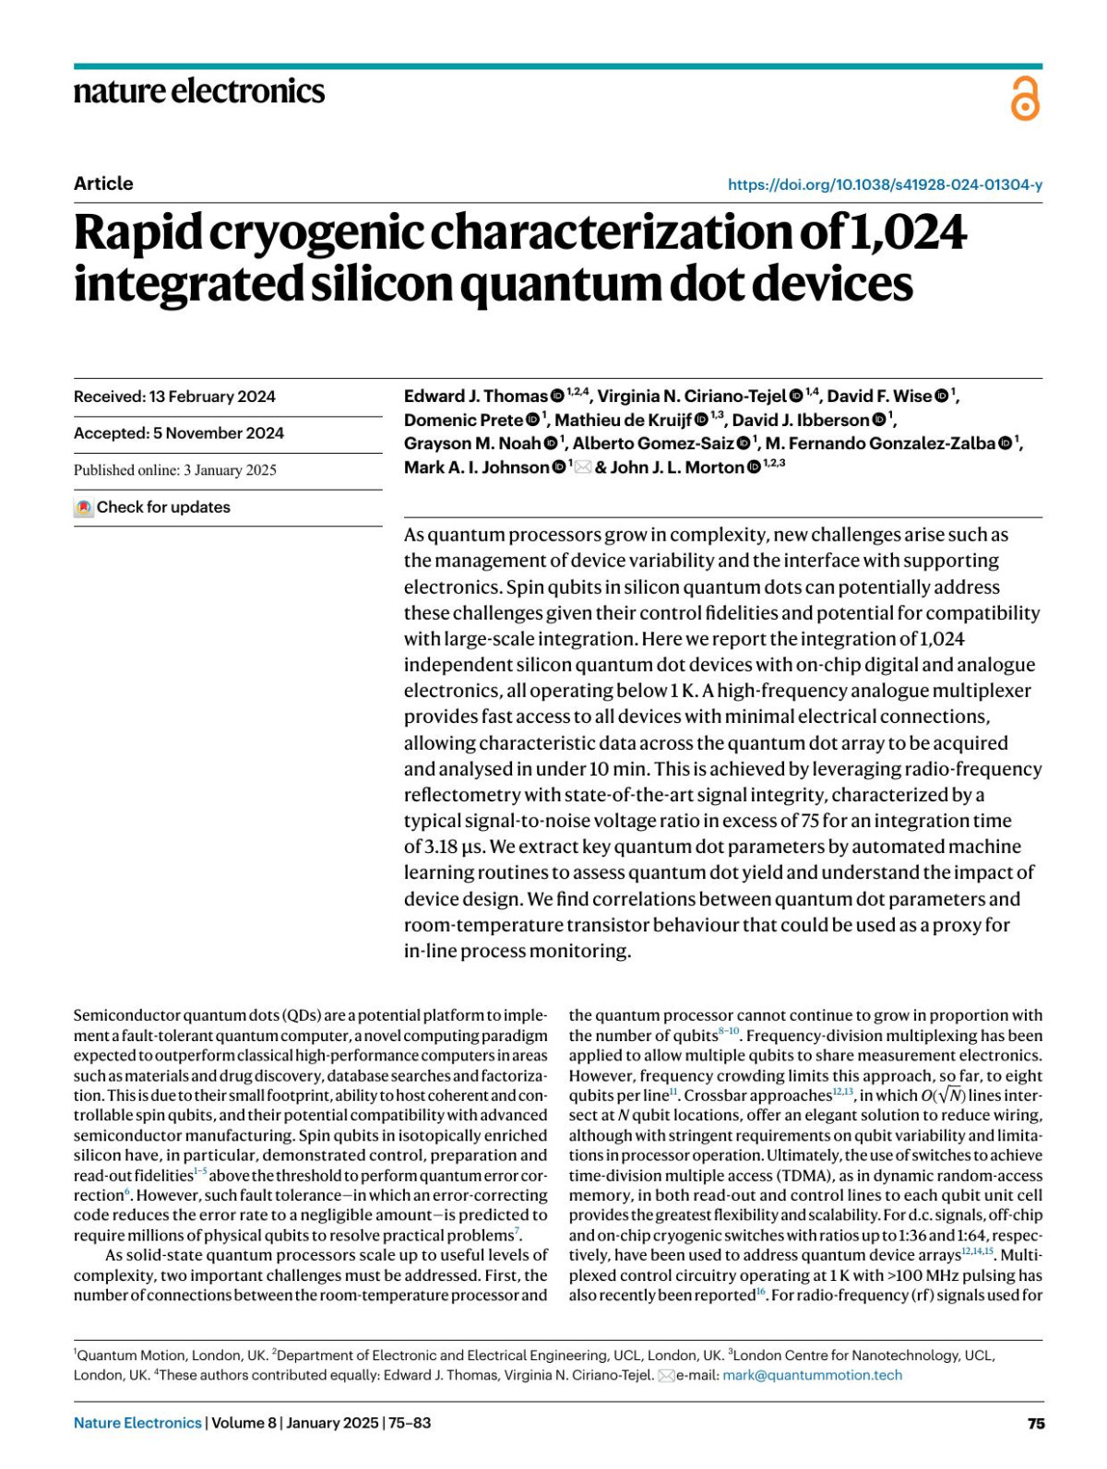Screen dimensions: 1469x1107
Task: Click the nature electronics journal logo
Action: click(x=199, y=91)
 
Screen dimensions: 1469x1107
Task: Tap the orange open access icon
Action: click(x=1025, y=99)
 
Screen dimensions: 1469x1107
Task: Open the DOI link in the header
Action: click(x=885, y=184)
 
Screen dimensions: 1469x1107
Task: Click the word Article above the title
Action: click(x=103, y=184)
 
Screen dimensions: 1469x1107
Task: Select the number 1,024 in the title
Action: click(x=908, y=232)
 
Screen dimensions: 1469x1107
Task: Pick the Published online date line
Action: click(x=175, y=470)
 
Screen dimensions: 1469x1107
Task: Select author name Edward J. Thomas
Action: click(x=476, y=397)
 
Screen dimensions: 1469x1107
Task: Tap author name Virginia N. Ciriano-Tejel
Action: click(x=692, y=397)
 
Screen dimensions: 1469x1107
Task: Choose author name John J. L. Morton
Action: click(x=677, y=468)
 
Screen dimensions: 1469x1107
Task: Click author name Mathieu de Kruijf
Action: click(x=623, y=421)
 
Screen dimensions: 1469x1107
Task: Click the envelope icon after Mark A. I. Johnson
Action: click(x=583, y=468)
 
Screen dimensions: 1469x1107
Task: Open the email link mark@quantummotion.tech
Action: click(x=812, y=1375)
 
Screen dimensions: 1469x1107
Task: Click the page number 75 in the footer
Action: click(x=1036, y=1423)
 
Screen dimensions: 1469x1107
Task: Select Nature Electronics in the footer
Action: click(x=137, y=1423)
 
